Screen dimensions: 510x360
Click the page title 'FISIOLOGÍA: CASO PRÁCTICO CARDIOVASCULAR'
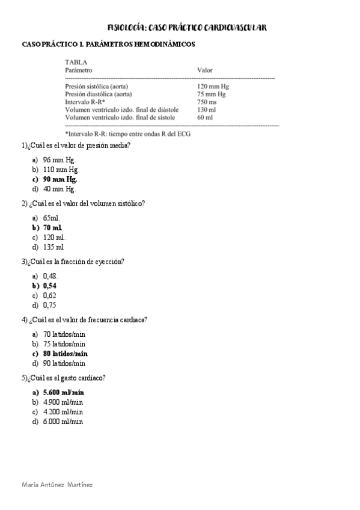pyautogui.click(x=186, y=28)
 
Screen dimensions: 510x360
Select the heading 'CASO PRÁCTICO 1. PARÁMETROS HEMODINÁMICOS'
pyautogui.click(x=108, y=45)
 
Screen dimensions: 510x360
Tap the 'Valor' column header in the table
pyautogui.click(x=204, y=70)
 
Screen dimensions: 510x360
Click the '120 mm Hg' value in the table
pyautogui.click(x=213, y=87)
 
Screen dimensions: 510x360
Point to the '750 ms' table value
pyautogui.click(x=207, y=102)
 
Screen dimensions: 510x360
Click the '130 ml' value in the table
pyautogui.click(x=206, y=110)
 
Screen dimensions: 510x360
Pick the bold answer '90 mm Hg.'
pyautogui.click(x=60, y=179)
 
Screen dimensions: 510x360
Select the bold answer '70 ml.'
pyautogui.click(x=52, y=227)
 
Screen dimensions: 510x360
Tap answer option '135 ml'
pyautogui.click(x=53, y=247)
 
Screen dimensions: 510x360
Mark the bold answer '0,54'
pyautogui.click(x=50, y=286)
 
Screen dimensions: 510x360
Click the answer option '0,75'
pyautogui.click(x=50, y=305)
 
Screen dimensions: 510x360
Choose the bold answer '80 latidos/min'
pyautogui.click(x=66, y=354)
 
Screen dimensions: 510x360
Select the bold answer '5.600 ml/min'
pyautogui.click(x=64, y=392)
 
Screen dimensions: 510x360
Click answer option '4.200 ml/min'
pyautogui.click(x=63, y=412)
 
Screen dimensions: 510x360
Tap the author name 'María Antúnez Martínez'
pyautogui.click(x=57, y=484)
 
